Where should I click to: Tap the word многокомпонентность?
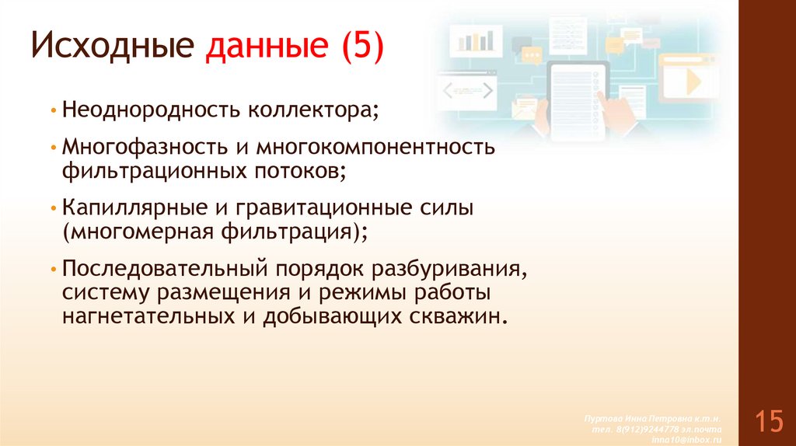[x=376, y=147]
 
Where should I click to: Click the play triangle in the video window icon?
[x=692, y=81]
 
